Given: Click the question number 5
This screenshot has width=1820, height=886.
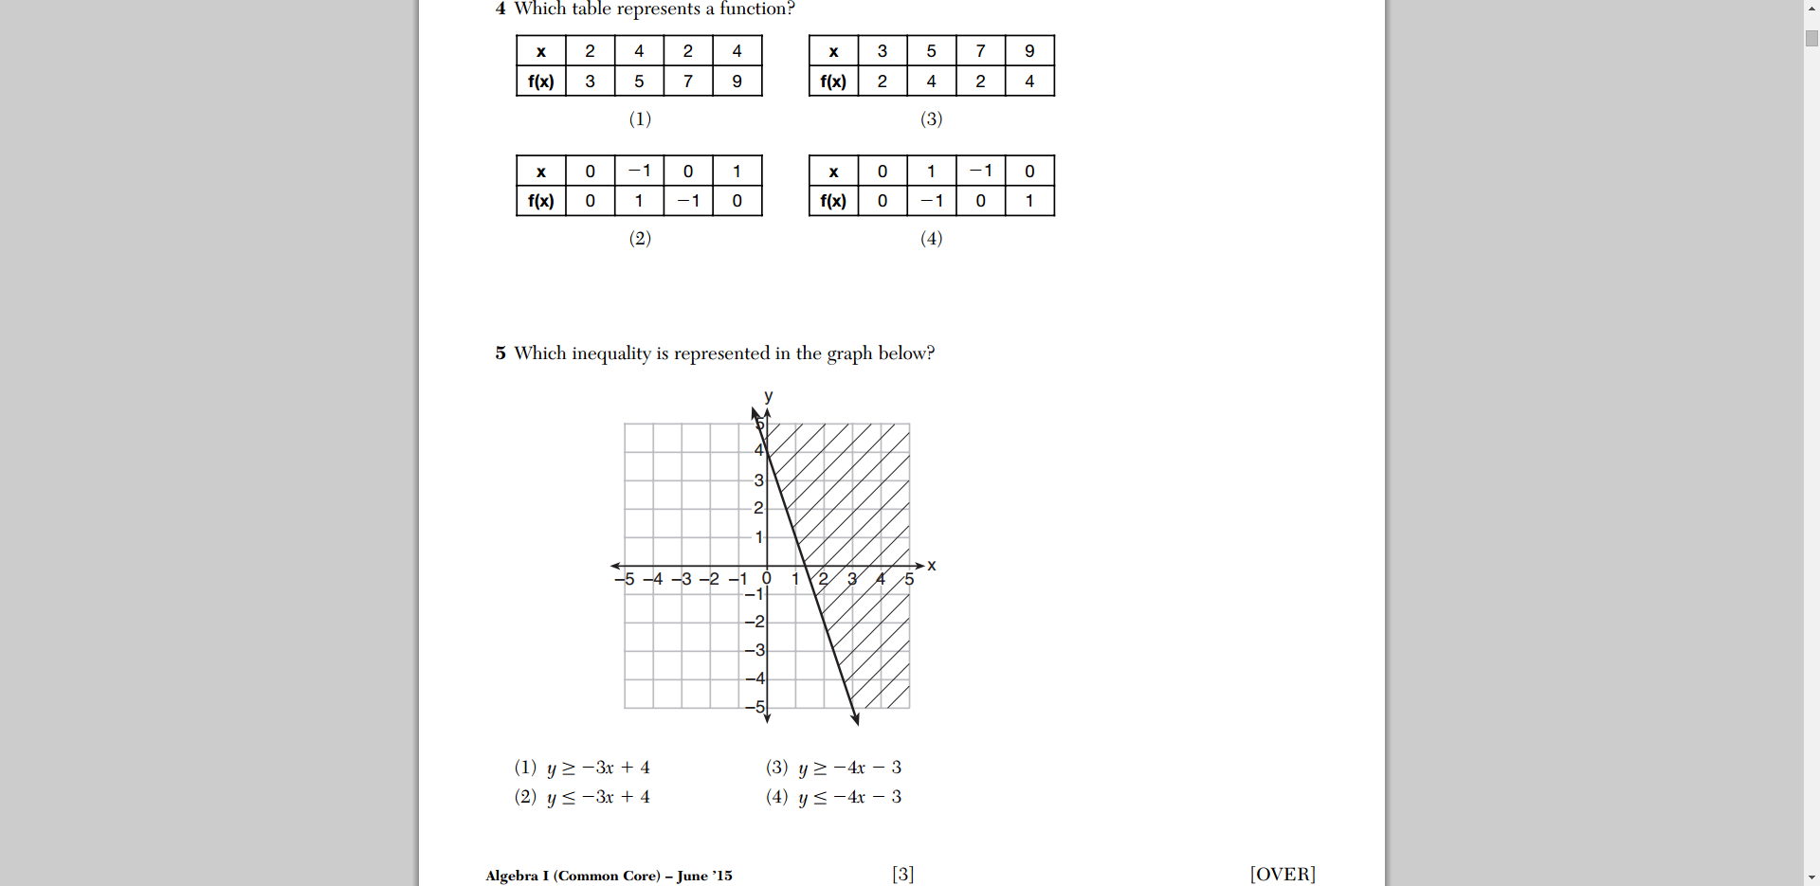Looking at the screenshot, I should (500, 353).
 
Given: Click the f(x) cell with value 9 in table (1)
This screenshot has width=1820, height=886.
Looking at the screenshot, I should (737, 81).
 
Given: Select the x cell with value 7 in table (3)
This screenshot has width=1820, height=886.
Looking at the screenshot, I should (980, 51).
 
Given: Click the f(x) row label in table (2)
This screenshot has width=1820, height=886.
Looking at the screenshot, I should (541, 201).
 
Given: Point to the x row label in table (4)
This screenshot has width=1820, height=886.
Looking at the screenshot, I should (833, 172).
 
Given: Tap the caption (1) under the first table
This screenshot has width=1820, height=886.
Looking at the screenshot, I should (640, 118).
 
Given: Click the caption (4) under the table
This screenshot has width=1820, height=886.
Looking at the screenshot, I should (931, 238).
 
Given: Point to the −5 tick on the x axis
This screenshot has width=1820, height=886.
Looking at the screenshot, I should (625, 579).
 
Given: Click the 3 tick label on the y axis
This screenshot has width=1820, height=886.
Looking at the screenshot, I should (758, 480).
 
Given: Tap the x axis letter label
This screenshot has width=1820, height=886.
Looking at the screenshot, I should (932, 566).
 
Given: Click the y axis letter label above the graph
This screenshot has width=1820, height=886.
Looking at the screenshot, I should (768, 396).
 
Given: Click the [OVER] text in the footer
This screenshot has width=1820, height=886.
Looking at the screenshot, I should (1283, 874).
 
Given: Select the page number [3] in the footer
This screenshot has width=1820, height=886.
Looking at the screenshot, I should (902, 874).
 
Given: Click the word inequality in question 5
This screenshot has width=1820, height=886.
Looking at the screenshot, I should (610, 353).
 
